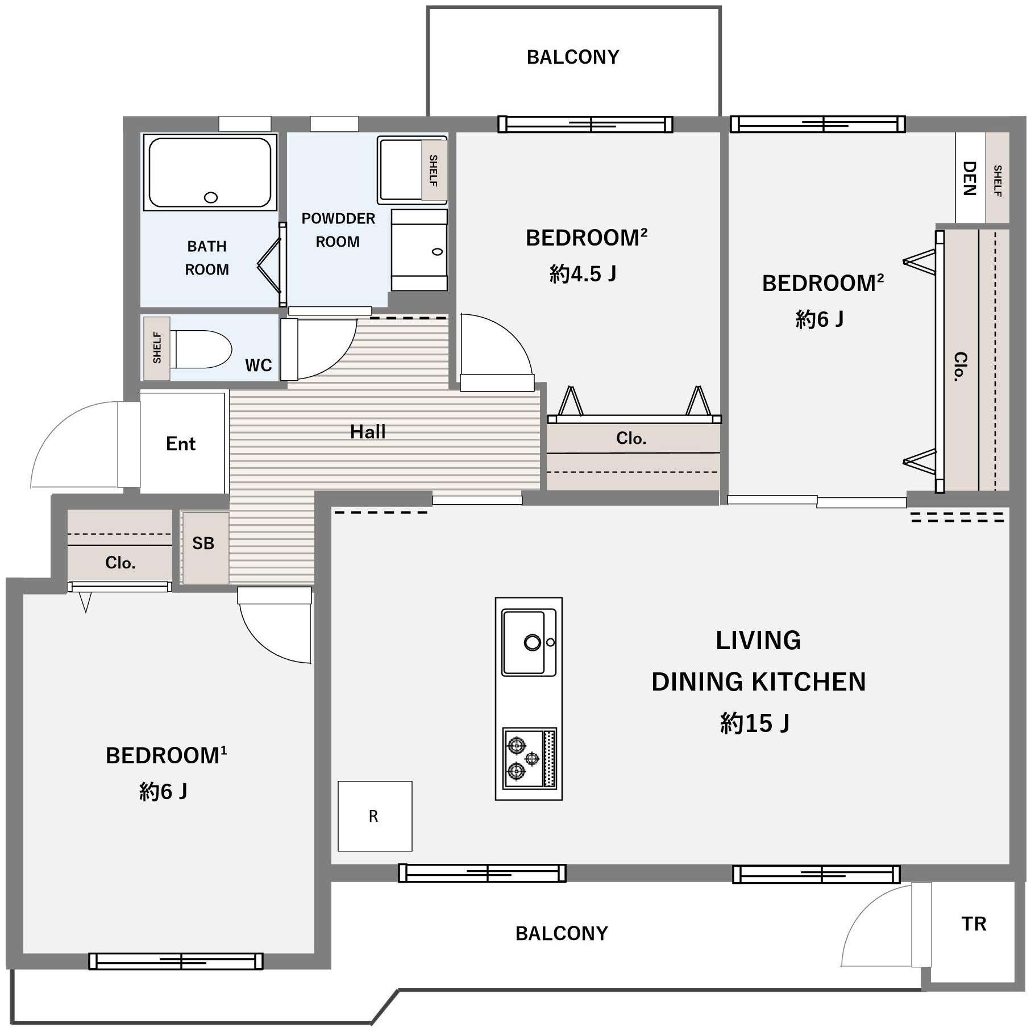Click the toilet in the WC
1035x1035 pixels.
[201, 349]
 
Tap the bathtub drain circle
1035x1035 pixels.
[211, 198]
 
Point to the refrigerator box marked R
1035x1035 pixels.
[375, 816]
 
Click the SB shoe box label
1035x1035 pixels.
[203, 543]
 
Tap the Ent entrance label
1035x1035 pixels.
[181, 443]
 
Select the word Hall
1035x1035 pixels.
[368, 432]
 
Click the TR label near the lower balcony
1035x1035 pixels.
[974, 924]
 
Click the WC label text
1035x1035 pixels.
[259, 365]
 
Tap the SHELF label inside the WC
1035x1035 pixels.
[157, 348]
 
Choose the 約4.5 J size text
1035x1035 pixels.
[583, 275]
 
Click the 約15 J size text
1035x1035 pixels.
[755, 724]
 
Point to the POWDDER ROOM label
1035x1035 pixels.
[338, 230]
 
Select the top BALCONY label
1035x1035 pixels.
[573, 57]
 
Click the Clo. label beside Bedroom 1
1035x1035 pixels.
[120, 563]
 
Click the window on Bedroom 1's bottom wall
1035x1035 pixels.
[176, 961]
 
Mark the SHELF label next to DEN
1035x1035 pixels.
[997, 181]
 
